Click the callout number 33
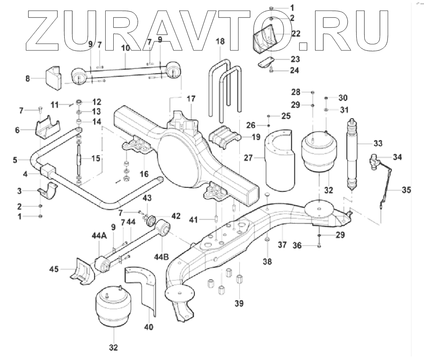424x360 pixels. point(378,143)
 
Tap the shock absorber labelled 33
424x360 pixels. point(352,152)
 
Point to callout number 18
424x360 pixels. point(221,41)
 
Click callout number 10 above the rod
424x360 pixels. point(125,47)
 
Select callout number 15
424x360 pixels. point(96,158)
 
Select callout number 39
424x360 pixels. point(240,303)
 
